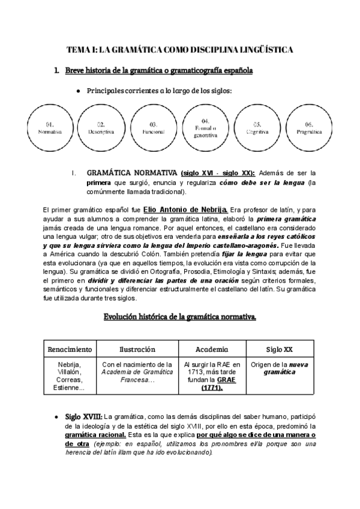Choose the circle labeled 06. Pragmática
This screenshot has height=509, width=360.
(x=309, y=128)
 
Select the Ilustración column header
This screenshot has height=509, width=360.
(x=137, y=349)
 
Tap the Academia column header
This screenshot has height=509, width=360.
(x=212, y=349)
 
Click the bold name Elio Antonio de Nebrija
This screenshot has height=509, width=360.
(x=185, y=209)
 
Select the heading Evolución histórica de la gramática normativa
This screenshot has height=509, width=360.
(x=180, y=316)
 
